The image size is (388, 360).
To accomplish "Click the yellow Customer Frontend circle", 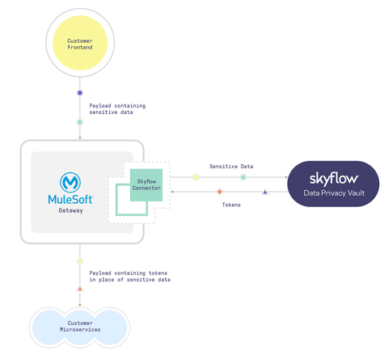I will [79, 44].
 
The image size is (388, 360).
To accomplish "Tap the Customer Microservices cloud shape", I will [79, 327].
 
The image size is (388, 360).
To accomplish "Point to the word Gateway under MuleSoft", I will [70, 210].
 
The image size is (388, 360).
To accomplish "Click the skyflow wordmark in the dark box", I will [333, 176].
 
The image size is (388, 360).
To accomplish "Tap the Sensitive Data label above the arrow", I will [231, 166].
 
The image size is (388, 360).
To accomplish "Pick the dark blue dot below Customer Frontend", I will [79, 93].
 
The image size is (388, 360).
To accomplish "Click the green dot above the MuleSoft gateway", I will [79, 122].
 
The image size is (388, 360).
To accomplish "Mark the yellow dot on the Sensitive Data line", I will [196, 176].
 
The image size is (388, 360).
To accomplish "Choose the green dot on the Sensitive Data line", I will [243, 176].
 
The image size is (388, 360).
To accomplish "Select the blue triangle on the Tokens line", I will [265, 192].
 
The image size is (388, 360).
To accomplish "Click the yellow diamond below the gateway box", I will [79, 260].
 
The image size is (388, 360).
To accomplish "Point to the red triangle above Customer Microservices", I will [79, 289].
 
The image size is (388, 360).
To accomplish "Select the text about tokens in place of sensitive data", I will [129, 276].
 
